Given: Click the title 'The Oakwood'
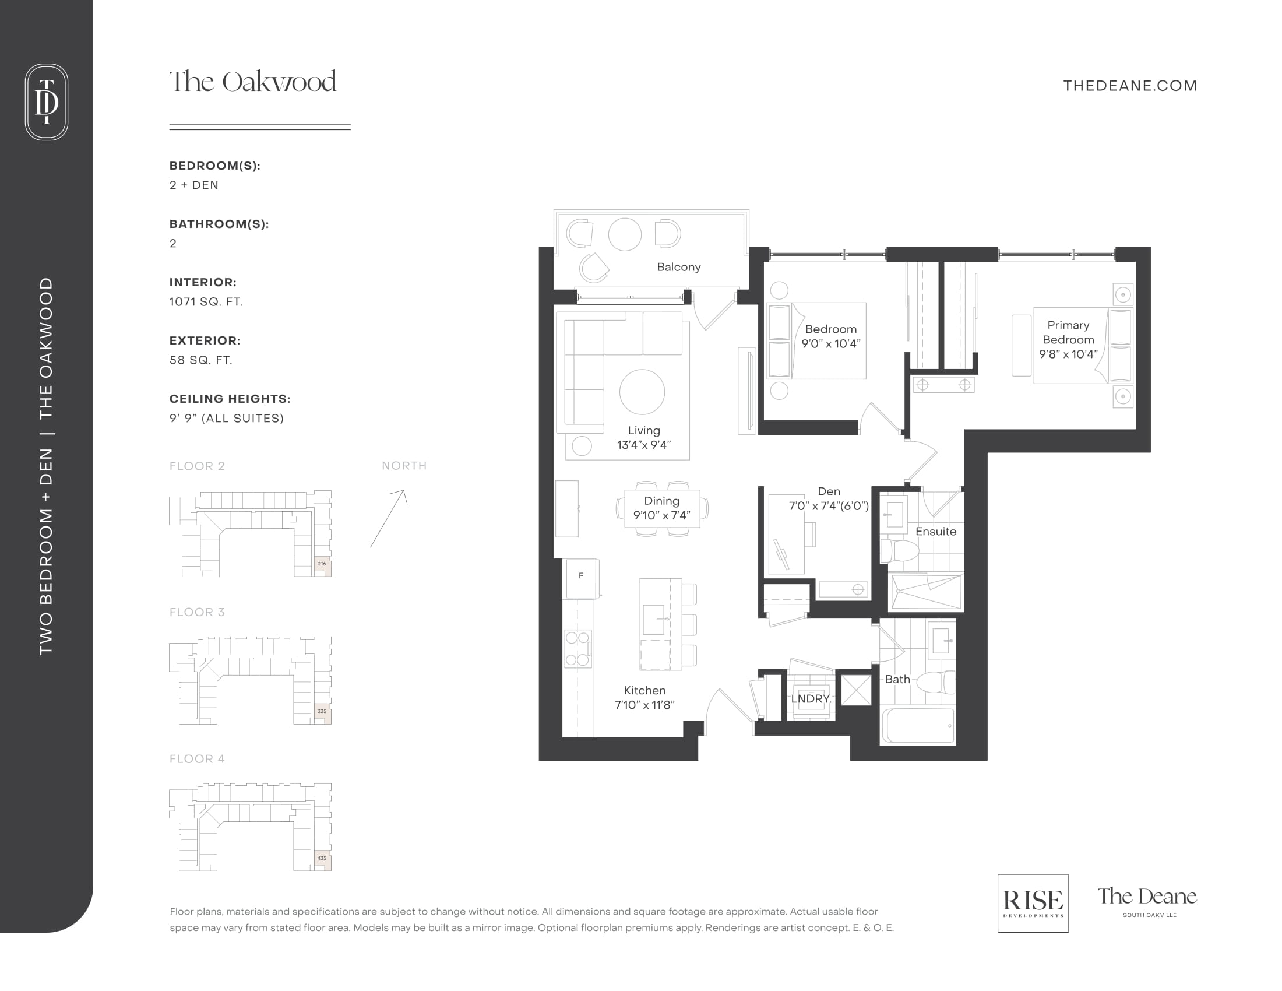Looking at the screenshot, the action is coord(253,82).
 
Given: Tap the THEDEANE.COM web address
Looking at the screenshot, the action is coord(1130,86).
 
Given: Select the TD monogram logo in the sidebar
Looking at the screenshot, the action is coord(47,101).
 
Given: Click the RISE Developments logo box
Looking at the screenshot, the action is coord(1033,903).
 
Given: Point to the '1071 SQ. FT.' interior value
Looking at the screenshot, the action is coord(206,302).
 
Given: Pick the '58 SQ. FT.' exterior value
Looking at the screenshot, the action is coord(202,360).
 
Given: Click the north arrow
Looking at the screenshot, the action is coord(388,518).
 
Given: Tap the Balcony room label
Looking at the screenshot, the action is coord(678,267).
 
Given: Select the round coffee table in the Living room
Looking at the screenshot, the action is coord(642,392).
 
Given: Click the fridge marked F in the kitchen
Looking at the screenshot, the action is coord(581,578).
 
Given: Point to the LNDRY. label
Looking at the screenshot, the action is coord(811,698).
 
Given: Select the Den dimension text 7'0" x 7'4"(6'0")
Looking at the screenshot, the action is coord(829,506).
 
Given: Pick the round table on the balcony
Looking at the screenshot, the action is coord(625,234).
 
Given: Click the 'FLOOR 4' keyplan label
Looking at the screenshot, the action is coord(197,758).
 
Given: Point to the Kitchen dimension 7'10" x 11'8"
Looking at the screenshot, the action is coord(644,705).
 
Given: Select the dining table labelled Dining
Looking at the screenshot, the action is coord(662,509).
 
